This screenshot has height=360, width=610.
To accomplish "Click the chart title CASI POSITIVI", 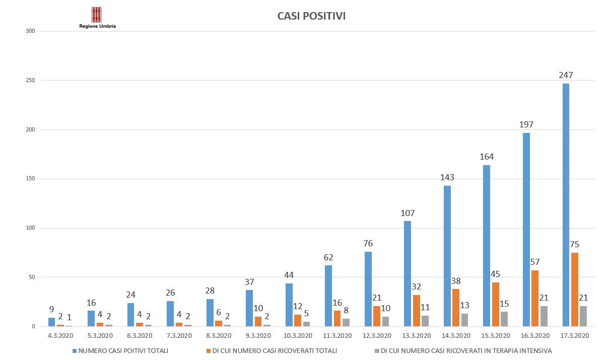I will (311, 16).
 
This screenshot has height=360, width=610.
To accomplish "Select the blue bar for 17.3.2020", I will (566, 205).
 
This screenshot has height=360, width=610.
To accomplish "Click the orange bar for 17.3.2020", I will (575, 290).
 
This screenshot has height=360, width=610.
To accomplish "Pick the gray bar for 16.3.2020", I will (544, 316).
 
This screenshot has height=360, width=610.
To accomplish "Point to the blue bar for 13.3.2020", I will (407, 273).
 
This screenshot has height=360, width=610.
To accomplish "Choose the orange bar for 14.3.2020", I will (456, 308).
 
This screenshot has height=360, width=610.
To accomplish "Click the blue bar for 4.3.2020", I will (51, 322).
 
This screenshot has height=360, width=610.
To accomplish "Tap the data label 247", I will (566, 76).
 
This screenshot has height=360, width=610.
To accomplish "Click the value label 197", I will (526, 124).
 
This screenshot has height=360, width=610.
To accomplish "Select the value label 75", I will (574, 245).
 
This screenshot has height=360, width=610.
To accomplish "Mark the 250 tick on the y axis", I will (31, 81).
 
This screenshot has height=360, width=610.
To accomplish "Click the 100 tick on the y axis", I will (31, 228).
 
